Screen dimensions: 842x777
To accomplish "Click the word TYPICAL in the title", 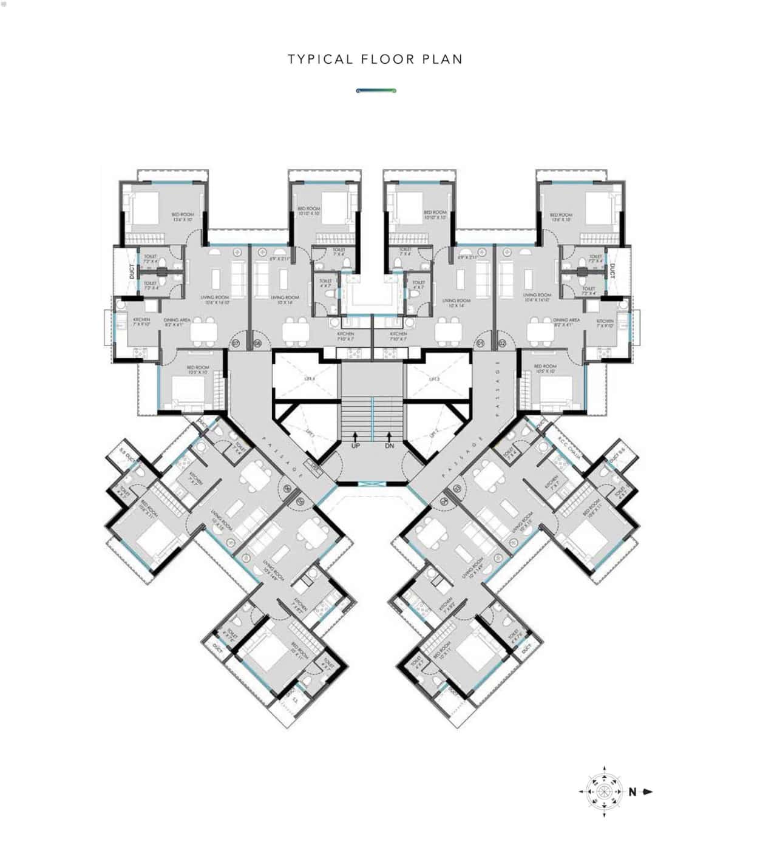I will coord(321,59).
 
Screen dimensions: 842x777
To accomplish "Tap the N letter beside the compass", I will coord(633,792).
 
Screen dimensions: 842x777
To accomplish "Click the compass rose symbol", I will coord(604,792).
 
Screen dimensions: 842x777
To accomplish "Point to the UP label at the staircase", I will coord(356,446).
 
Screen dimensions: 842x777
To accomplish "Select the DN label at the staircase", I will coord(389,446).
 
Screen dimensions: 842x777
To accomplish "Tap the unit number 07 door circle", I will coord(236,344).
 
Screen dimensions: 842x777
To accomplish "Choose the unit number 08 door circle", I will coord(257,344).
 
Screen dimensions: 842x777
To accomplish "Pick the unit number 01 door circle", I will coord(481,344).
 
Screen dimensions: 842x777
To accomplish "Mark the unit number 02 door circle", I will coord(502,344).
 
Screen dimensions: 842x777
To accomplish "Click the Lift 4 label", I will coord(310,379).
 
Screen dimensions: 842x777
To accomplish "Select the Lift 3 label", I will coord(434,379).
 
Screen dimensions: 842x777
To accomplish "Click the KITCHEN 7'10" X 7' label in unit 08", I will coord(346,336).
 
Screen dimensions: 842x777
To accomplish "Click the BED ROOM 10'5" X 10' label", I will coord(545,368).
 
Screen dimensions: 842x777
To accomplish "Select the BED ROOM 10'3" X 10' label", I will coord(198,369).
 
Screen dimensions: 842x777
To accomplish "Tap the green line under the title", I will coord(376,90).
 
